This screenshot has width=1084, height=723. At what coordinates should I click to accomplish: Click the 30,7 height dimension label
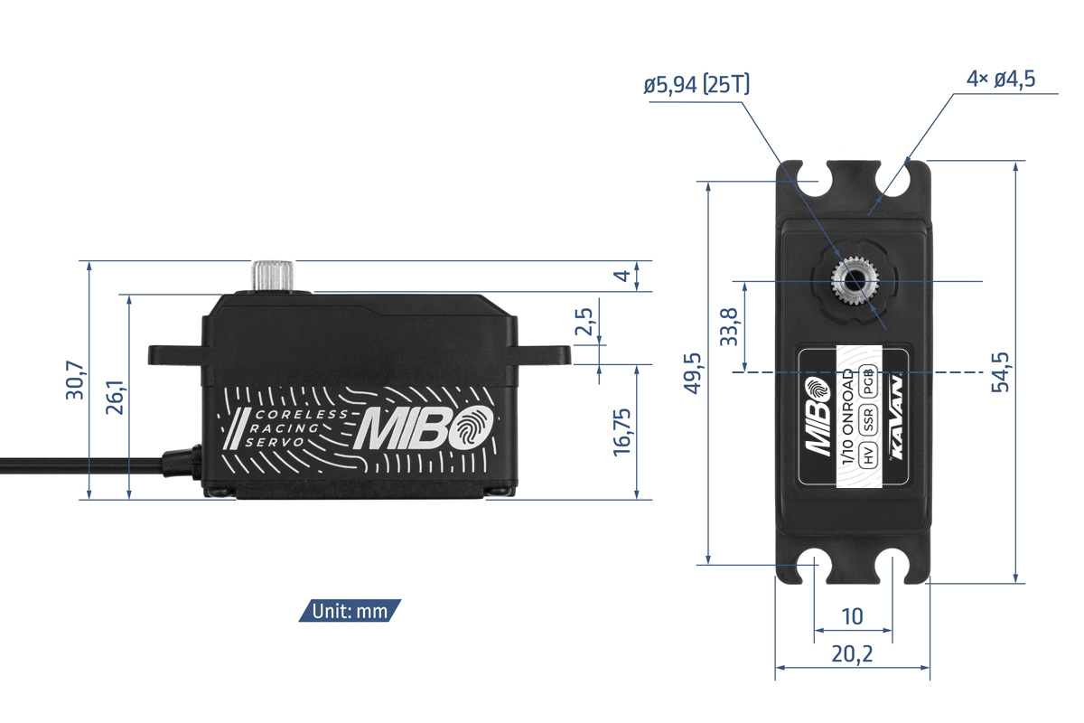76,380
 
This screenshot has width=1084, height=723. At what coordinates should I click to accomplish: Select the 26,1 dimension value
116,397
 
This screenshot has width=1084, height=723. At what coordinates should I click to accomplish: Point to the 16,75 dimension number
622,432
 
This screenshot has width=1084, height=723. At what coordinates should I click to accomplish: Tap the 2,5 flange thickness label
584,321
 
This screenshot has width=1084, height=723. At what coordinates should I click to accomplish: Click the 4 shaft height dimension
622,276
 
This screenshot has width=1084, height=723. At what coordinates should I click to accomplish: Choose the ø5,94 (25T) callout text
696,85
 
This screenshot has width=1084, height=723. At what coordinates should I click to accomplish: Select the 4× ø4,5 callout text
1001,79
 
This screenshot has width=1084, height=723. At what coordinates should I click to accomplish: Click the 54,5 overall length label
1000,372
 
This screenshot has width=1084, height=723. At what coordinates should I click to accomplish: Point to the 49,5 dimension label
692,373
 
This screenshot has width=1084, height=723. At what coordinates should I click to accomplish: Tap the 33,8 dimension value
729,327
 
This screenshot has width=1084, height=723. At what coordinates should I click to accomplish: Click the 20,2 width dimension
852,654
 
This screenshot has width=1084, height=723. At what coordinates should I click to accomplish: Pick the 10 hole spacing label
852,616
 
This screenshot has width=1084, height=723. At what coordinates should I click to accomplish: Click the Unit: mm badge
350,611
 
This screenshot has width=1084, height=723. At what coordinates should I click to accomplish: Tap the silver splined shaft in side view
273,276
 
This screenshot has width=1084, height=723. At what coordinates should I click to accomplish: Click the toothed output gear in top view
855,281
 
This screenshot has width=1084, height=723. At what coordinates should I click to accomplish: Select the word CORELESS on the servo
302,415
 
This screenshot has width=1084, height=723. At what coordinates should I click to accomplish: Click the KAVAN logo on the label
897,417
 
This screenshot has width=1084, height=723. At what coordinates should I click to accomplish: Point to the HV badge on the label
868,455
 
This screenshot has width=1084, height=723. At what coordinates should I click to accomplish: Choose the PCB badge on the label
868,381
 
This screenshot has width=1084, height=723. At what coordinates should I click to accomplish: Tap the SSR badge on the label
868,419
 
